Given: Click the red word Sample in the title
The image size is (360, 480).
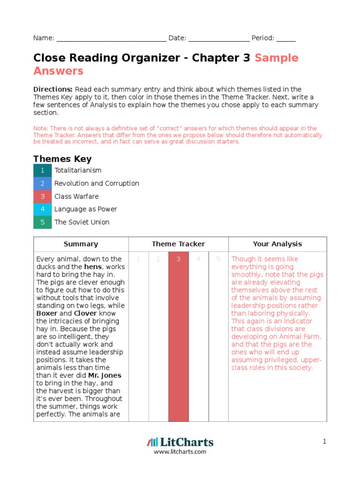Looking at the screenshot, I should coord(277,58).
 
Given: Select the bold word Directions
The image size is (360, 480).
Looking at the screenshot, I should coord(52,89).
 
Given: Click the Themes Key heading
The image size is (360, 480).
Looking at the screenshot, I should coord(62,159).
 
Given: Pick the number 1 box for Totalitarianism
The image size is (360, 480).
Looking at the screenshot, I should coord(42,170).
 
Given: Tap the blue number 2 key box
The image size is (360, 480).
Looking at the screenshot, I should coord(42,183).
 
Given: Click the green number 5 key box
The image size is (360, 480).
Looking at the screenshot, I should coord(42,222).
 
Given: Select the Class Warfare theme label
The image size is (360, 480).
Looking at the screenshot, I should coord(76,196).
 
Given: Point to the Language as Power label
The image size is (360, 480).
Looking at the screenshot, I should coord(85,209).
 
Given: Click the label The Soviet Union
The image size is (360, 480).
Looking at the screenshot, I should coord(82,222).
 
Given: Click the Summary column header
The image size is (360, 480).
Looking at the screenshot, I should coord(81,244).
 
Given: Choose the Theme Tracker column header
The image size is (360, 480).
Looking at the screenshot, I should coord(178,244).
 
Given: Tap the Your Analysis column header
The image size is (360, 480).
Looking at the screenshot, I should coord(277,244).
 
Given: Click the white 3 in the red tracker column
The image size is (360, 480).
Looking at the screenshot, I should coord(178,259).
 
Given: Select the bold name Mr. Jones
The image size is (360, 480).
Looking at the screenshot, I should coord(105,375).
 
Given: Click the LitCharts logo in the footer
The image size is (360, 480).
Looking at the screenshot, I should coord(180,442).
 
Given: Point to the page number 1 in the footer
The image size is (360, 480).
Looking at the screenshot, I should coord(324,441).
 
